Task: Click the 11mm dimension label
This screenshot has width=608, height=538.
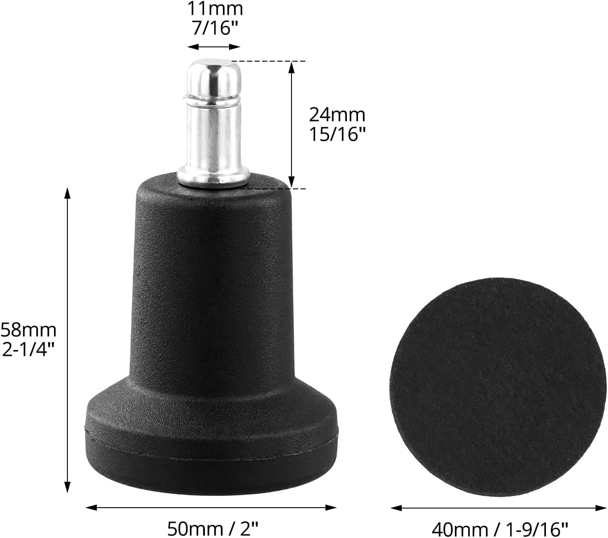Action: pos(215,9)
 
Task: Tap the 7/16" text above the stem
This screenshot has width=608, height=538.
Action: pos(215,29)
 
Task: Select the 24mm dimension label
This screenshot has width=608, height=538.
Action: pos(337,115)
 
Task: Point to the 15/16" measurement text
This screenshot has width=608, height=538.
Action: pos(337,134)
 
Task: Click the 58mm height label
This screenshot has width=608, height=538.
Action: pos(29,330)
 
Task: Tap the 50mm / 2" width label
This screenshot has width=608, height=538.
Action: pos(213,529)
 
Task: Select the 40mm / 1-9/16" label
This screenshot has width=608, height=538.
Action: pos(500,529)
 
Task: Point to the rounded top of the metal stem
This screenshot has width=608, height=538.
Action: pos(214,75)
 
